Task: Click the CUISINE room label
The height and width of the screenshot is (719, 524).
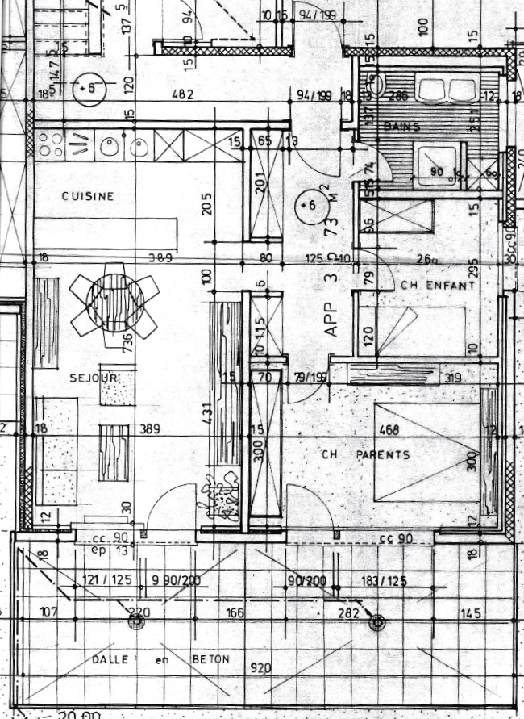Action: click(88, 196)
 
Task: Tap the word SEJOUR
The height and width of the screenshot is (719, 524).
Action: click(94, 378)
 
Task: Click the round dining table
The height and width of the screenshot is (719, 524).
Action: click(114, 300)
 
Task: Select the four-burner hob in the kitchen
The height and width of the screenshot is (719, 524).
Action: click(51, 145)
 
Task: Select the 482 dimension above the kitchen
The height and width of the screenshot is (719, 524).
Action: click(184, 95)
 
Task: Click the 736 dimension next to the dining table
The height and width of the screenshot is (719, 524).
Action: click(127, 341)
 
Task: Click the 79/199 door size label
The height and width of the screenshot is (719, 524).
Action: click(310, 378)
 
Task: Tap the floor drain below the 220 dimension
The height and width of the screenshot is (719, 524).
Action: click(136, 621)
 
